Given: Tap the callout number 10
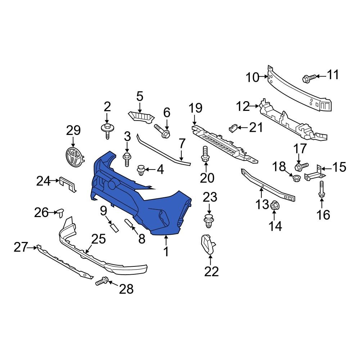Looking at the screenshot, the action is coord(252,77).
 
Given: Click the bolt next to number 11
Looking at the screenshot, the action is coord(309,78).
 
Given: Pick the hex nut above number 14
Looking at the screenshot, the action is coord(274,205).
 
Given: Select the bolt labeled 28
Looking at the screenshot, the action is coord(102,281).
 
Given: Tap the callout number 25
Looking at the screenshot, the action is coord(99,239).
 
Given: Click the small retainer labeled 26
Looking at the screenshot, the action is coord(60,213).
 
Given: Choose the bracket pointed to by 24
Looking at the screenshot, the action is coord(68,184).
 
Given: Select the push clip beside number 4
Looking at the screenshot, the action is coord(141,170).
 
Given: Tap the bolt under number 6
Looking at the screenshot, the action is coord(162,131).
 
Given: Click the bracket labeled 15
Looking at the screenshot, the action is coord(315,173).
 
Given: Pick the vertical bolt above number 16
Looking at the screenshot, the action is coord(321,189).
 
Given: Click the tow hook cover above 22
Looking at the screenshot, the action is coord(208,245).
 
